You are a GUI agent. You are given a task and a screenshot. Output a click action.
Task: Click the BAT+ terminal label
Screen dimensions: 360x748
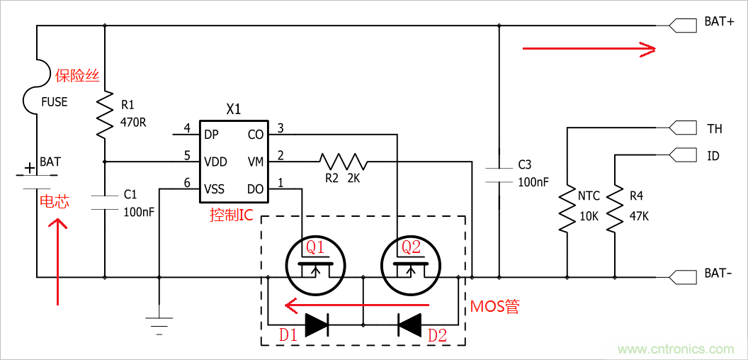718,22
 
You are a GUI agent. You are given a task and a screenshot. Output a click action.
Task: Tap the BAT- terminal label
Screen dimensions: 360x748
718,274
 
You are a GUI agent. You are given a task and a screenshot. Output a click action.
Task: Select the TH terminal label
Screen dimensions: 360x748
714,129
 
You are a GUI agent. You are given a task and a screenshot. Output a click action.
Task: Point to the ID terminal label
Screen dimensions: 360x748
713,155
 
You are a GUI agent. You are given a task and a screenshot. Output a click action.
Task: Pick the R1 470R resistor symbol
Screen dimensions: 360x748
105,115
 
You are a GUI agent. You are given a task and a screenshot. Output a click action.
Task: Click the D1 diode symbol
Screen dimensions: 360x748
317,325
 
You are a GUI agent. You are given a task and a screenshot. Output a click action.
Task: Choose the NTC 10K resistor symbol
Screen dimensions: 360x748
567,209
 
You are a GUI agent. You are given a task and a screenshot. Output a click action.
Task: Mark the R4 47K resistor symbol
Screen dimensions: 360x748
615,209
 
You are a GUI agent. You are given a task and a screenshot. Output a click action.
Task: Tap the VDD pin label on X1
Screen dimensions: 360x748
215,162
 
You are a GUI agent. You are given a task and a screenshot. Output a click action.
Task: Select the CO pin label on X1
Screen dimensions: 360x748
256,134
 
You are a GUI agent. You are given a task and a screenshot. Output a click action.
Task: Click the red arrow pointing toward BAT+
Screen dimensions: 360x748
589,48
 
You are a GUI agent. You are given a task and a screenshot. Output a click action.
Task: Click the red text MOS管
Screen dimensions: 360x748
494,306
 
